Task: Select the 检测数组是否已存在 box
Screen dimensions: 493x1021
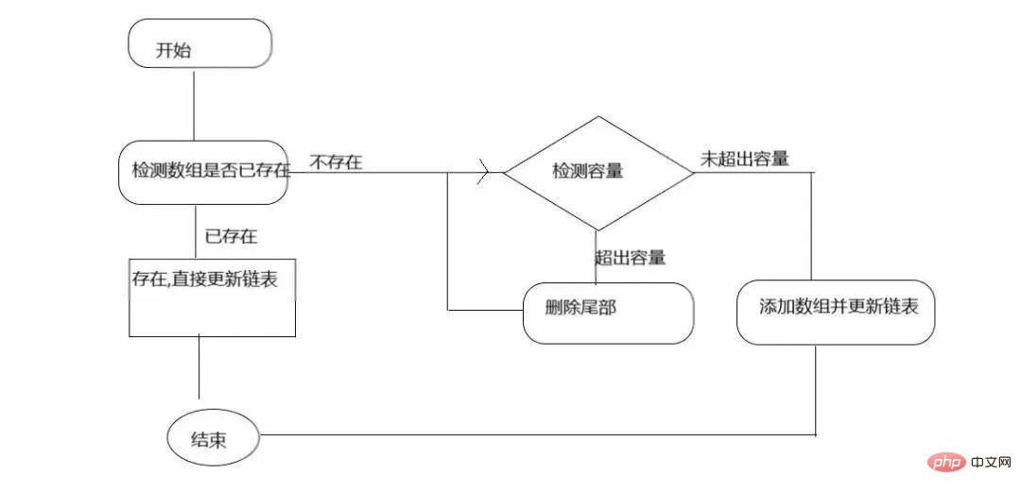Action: tap(202, 172)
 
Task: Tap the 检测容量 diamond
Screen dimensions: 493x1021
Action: tap(597, 173)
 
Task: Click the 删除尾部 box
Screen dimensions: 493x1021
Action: tap(607, 313)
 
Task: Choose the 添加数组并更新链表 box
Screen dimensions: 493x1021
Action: tap(836, 312)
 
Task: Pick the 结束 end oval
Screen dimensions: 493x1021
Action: tap(213, 440)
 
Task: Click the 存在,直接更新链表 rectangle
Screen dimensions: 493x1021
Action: tap(212, 297)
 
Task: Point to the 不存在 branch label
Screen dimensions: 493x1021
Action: tap(335, 162)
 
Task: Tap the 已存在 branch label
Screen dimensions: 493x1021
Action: tap(231, 236)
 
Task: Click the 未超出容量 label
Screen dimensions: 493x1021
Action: tap(744, 159)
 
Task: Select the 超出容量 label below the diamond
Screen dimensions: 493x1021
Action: tap(631, 257)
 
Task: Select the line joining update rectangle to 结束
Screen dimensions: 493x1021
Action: tap(199, 368)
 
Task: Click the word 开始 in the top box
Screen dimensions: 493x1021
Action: tap(174, 50)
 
